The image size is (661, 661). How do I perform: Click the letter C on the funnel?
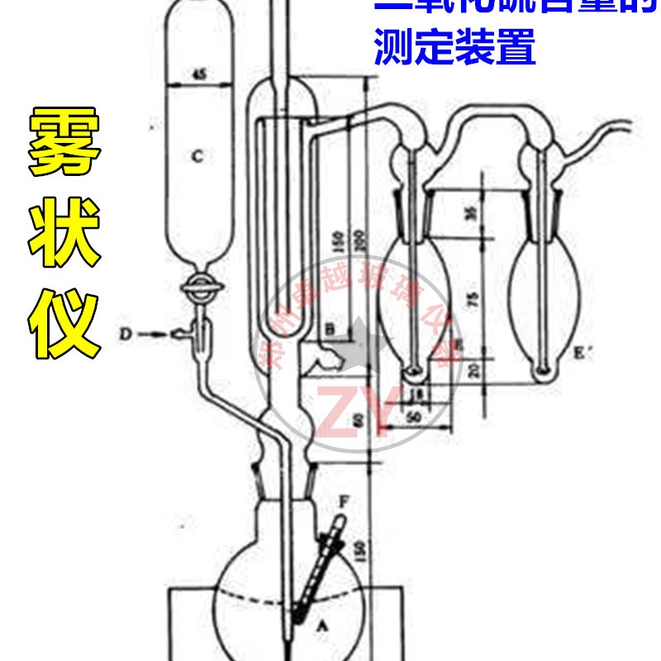pos(196,155)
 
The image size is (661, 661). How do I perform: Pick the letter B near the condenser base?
pos(330,330)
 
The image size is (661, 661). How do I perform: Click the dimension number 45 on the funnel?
pos(198,74)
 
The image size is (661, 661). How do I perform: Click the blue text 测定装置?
pos(454,47)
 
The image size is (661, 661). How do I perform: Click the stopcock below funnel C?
pos(199,288)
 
